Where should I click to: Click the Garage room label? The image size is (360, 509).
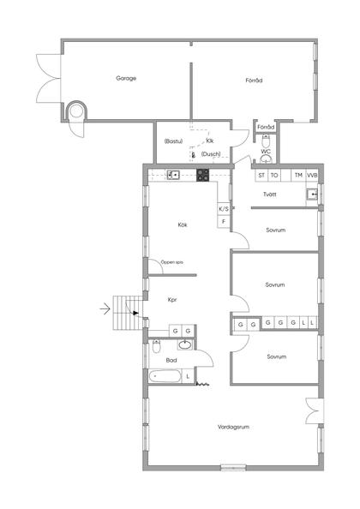(x=126, y=78)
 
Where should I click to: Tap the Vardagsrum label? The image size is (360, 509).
(x=233, y=427)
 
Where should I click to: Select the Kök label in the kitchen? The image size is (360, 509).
(x=183, y=225)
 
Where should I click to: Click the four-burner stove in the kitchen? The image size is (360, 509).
(x=203, y=175)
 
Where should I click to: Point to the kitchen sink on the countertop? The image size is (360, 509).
(x=173, y=175)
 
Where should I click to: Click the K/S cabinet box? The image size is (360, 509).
(x=224, y=209)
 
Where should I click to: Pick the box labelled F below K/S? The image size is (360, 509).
(x=224, y=221)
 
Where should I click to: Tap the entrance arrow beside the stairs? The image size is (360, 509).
(x=105, y=308)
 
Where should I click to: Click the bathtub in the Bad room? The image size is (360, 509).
(x=165, y=376)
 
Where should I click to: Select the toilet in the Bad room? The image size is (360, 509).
(x=157, y=346)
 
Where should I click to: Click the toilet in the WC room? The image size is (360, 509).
(x=266, y=141)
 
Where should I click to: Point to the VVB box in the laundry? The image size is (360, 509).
(x=312, y=176)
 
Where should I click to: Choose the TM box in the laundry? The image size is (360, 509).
(x=298, y=176)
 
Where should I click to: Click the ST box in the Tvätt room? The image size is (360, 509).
(x=261, y=176)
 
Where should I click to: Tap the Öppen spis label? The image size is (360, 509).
(x=172, y=262)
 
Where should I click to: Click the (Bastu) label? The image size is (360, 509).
(x=173, y=141)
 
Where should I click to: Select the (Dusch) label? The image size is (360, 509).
(x=211, y=154)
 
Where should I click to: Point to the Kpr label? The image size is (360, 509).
(x=172, y=300)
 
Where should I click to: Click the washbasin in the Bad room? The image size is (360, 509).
(x=185, y=344)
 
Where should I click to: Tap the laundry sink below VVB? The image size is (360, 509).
(x=312, y=195)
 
